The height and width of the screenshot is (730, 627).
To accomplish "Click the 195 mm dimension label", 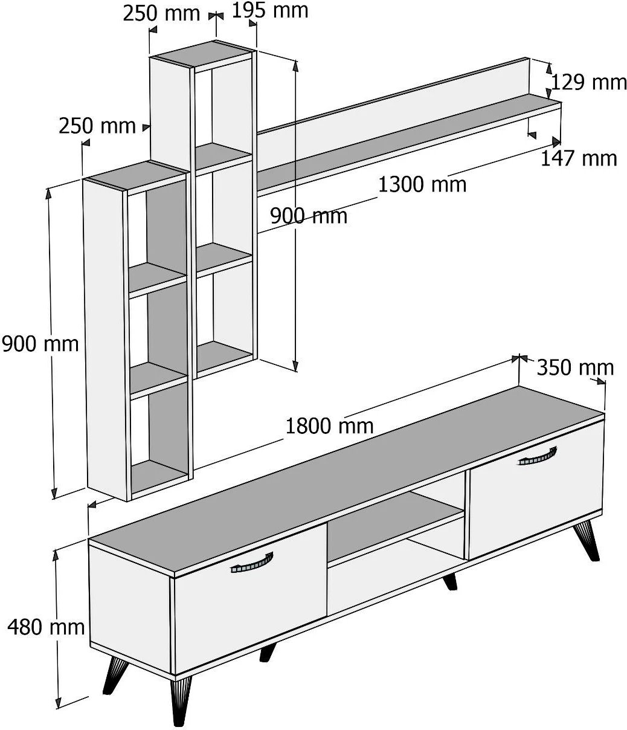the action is pos(270,11).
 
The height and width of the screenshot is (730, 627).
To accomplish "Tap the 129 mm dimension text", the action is pos(588,82).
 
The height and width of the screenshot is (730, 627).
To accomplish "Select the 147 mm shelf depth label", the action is pos(579,158).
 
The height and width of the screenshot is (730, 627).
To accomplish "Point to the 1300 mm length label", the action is pos(422,184).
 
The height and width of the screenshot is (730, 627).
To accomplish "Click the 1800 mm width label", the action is pos(329,426).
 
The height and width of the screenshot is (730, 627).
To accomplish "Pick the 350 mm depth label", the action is pos(576,367).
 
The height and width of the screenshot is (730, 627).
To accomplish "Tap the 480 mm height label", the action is pos(46,627).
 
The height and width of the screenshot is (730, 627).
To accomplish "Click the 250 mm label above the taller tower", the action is pos(161,14).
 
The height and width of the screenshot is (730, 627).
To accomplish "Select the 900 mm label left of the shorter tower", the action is pos(40,344).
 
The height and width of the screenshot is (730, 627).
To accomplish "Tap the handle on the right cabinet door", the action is pos(538,457).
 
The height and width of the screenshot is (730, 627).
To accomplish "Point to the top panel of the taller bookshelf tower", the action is pos(203,53).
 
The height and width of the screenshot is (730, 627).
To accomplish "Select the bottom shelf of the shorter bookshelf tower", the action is pos(159,476).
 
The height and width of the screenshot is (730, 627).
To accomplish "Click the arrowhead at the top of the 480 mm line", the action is pos(56,555).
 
